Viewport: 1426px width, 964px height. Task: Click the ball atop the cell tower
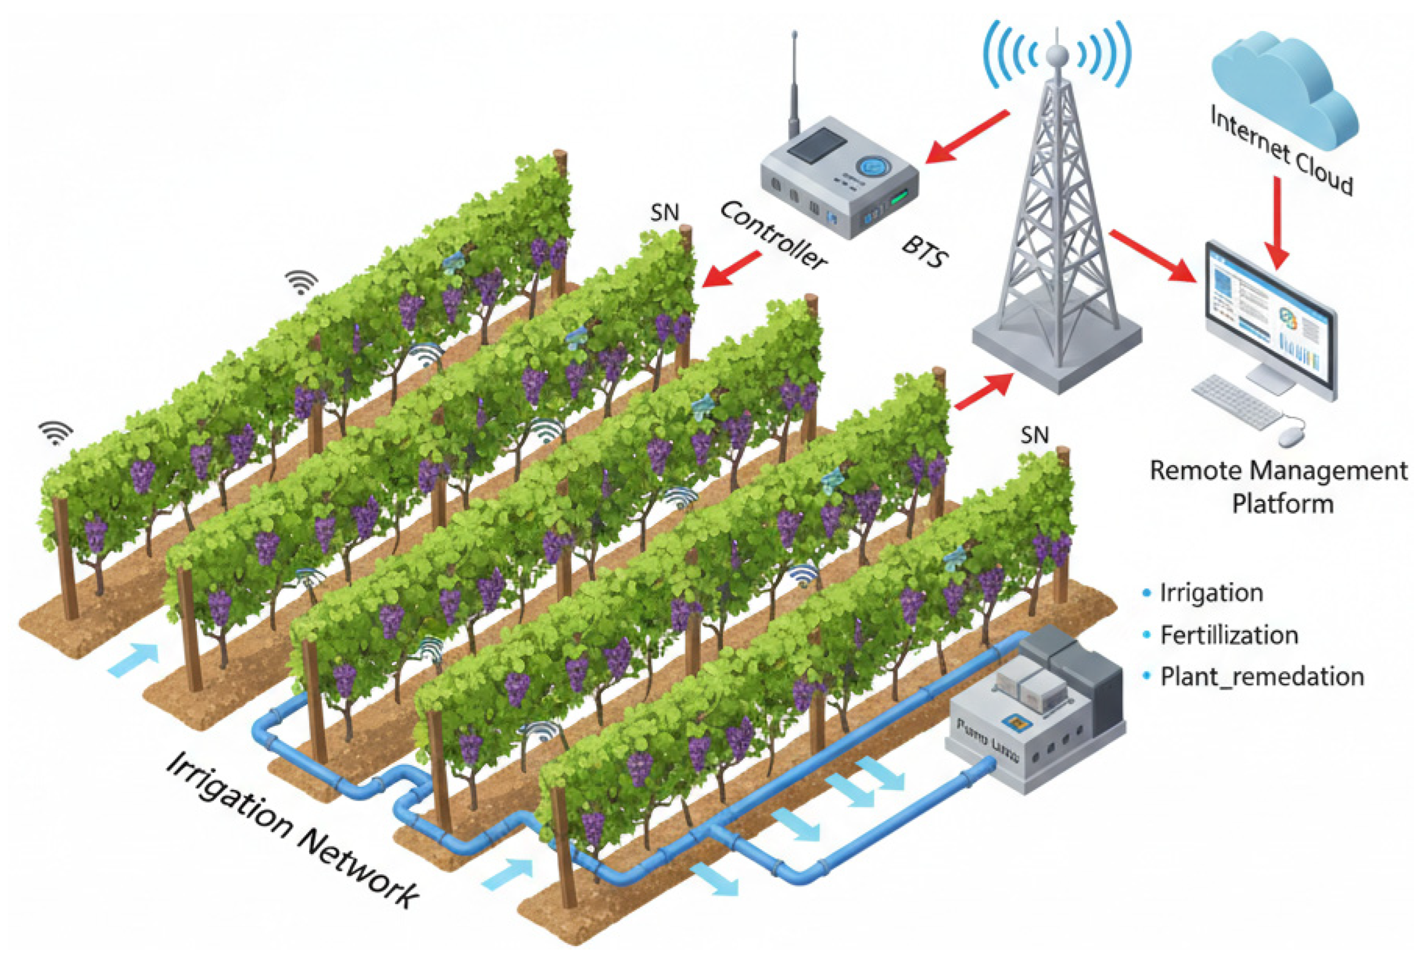tap(1057, 56)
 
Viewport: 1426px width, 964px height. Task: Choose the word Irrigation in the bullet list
tap(1211, 593)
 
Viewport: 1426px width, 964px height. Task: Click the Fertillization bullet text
tap(1229, 634)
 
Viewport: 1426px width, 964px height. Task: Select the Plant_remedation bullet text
tap(1262, 676)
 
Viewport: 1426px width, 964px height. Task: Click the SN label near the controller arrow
tap(664, 213)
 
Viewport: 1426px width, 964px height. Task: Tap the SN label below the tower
tap(1035, 435)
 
